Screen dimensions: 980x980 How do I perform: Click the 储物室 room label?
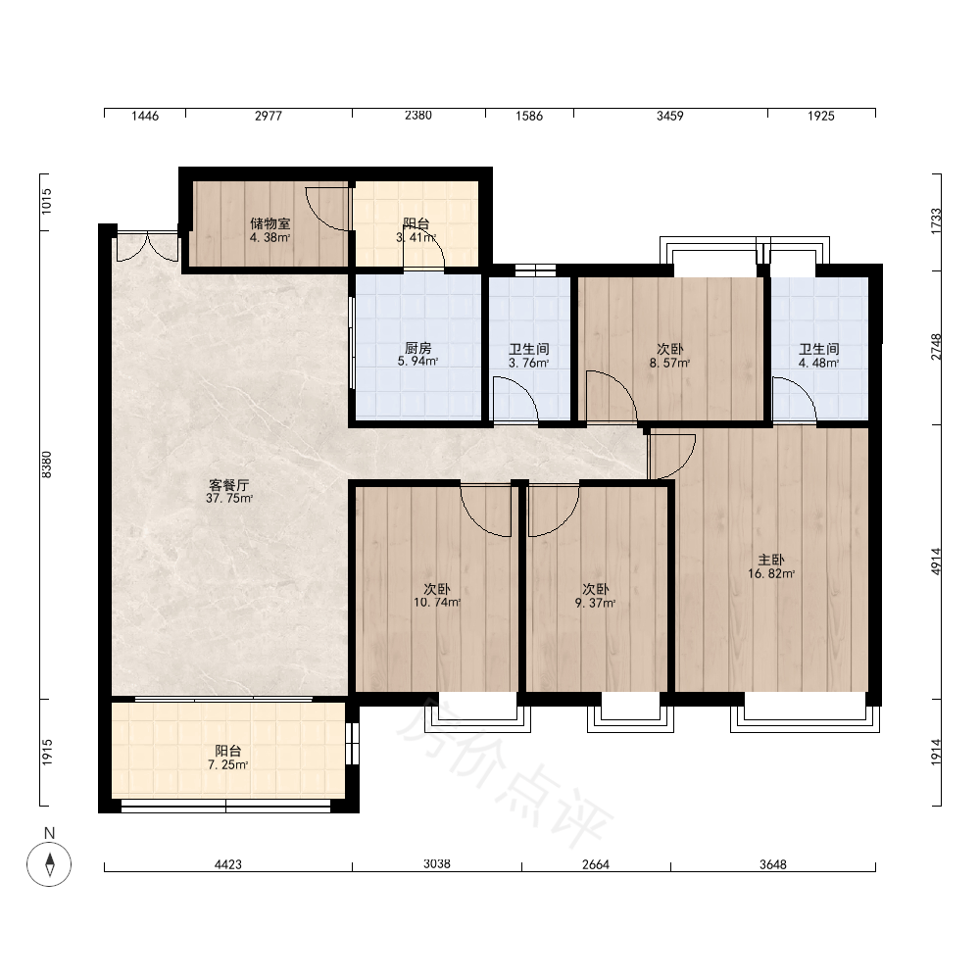[x=270, y=223]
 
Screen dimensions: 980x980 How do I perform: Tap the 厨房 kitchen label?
[x=418, y=348]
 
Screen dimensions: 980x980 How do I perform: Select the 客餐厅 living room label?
[x=228, y=485]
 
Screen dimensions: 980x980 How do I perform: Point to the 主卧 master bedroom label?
[x=770, y=560]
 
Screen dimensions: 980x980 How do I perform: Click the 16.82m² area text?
[x=771, y=573]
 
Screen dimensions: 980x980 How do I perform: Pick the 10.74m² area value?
[x=437, y=603]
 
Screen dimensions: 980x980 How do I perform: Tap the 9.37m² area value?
[x=595, y=603]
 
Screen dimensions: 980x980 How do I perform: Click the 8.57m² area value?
[x=669, y=364]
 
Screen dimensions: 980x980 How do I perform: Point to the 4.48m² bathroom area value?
[x=818, y=364]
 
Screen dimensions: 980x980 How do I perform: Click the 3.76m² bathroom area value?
[x=529, y=364]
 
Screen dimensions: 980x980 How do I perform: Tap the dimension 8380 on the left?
[x=47, y=465]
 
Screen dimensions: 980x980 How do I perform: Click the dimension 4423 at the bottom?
[x=228, y=864]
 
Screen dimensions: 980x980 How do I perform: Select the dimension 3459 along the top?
[x=669, y=116]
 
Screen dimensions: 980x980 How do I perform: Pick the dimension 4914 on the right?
[x=936, y=562]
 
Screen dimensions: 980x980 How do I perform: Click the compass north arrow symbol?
[x=49, y=864]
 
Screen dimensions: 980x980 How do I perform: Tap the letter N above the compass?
[x=49, y=833]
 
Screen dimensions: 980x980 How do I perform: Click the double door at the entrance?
[x=148, y=246]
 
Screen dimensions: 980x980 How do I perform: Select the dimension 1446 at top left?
[x=145, y=116]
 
